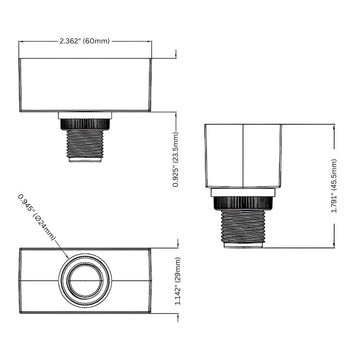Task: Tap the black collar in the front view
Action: pos(85,121)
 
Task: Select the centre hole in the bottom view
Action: pos(85,277)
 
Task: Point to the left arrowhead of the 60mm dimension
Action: pos(23,42)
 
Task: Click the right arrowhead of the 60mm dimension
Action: pos(150,42)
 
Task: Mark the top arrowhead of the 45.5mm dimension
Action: pos(333,126)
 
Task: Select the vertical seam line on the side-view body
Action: pos(243,155)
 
